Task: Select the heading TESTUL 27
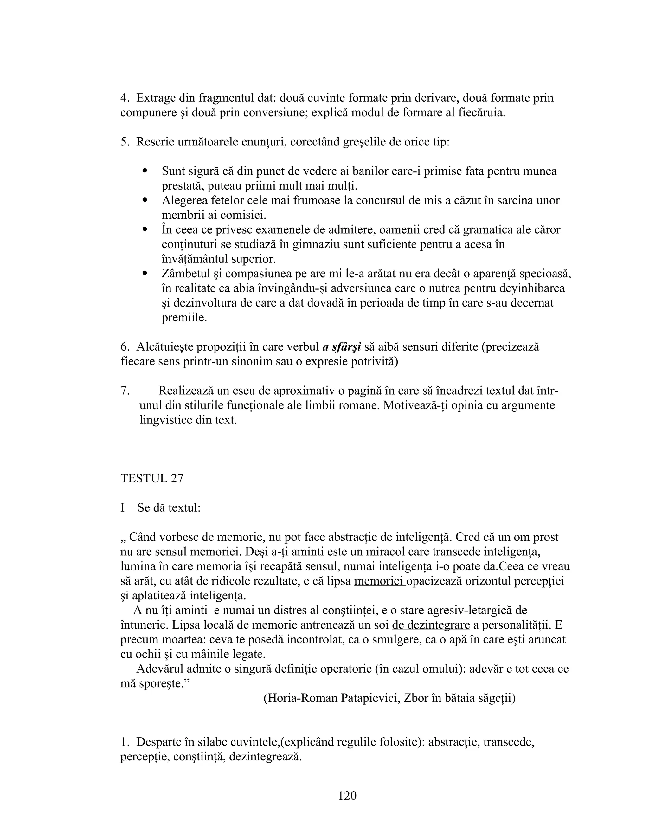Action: coord(152,478)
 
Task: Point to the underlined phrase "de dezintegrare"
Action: coord(431,625)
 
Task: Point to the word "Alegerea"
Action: coord(185,200)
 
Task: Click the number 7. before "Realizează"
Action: coord(125,391)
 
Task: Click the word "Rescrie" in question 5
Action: coord(155,142)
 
